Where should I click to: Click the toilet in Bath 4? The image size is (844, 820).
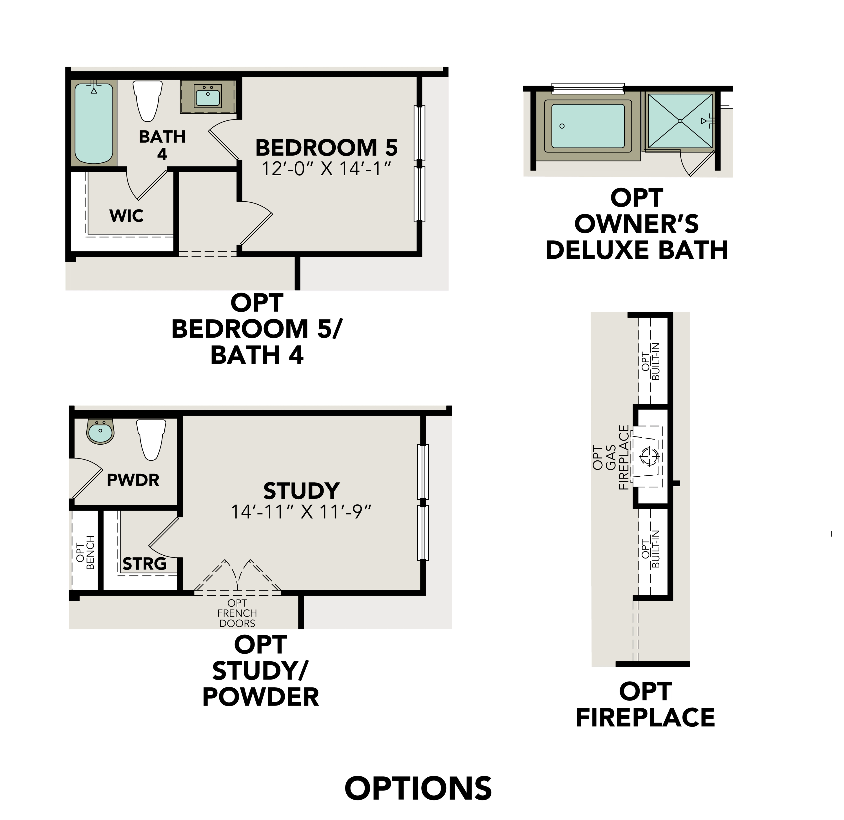148,100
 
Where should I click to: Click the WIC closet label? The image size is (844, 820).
126,216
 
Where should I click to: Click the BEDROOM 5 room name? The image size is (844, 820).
326,148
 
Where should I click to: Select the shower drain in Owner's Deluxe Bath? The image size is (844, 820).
680,121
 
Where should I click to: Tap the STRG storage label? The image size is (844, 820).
145,564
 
